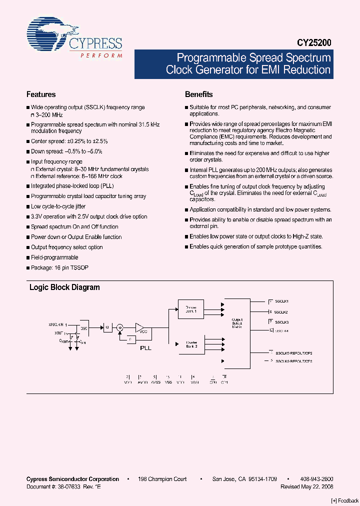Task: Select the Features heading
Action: pyautogui.click(x=41, y=94)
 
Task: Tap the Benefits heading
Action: pyautogui.click(x=199, y=94)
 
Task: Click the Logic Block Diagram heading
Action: pyautogui.click(x=64, y=287)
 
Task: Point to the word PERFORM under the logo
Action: pyautogui.click(x=101, y=55)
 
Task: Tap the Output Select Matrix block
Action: pyautogui.click(x=237, y=323)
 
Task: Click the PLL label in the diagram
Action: pyautogui.click(x=145, y=347)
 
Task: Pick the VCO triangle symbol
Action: pyautogui.click(x=140, y=328)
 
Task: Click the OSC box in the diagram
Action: pyautogui.click(x=84, y=328)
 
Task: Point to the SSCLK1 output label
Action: pyautogui.click(x=282, y=301)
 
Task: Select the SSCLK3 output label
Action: pyautogui.click(x=282, y=322)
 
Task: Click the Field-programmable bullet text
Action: pyautogui.click(x=54, y=257)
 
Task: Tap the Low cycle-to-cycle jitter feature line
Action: pyautogui.click(x=58, y=206)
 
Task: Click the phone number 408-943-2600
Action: pyautogui.click(x=317, y=479)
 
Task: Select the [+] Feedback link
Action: pyautogui.click(x=345, y=500)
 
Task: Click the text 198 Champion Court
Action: pyautogui.click(x=162, y=479)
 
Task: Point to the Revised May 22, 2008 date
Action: pyautogui.click(x=307, y=486)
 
